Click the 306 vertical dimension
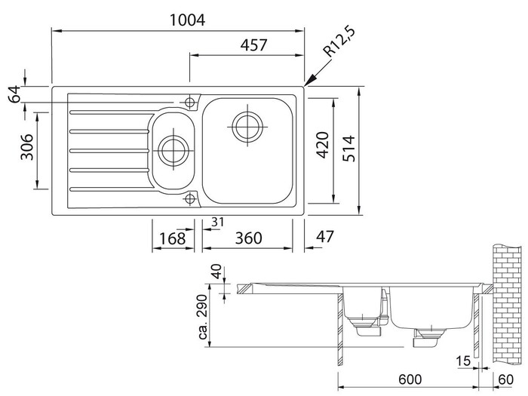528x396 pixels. [x=23, y=149]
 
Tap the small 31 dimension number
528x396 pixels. [x=218, y=222]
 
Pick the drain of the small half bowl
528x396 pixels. [x=173, y=147]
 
